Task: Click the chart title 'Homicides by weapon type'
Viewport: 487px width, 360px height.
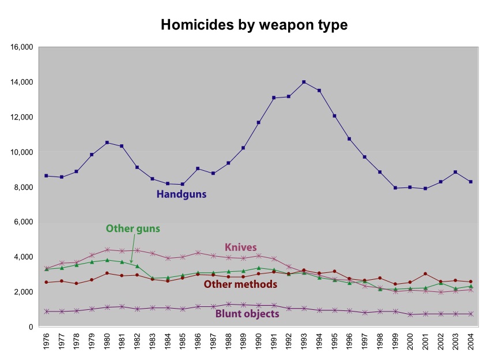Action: (254, 25)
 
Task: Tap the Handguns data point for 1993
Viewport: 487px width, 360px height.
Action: (304, 82)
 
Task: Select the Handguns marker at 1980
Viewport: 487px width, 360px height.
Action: (107, 142)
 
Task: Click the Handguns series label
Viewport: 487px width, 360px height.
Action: (181, 194)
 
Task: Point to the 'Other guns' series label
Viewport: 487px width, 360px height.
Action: (133, 228)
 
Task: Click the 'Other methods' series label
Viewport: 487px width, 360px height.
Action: (240, 284)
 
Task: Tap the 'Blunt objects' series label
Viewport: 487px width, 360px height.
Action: (247, 314)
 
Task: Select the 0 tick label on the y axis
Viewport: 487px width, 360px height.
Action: (31, 327)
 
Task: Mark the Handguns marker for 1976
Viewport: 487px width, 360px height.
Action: (46, 175)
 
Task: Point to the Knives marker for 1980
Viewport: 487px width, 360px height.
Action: (107, 250)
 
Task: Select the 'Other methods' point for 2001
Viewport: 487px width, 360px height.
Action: (425, 274)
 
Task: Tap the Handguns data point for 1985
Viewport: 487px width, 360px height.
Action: (182, 184)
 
